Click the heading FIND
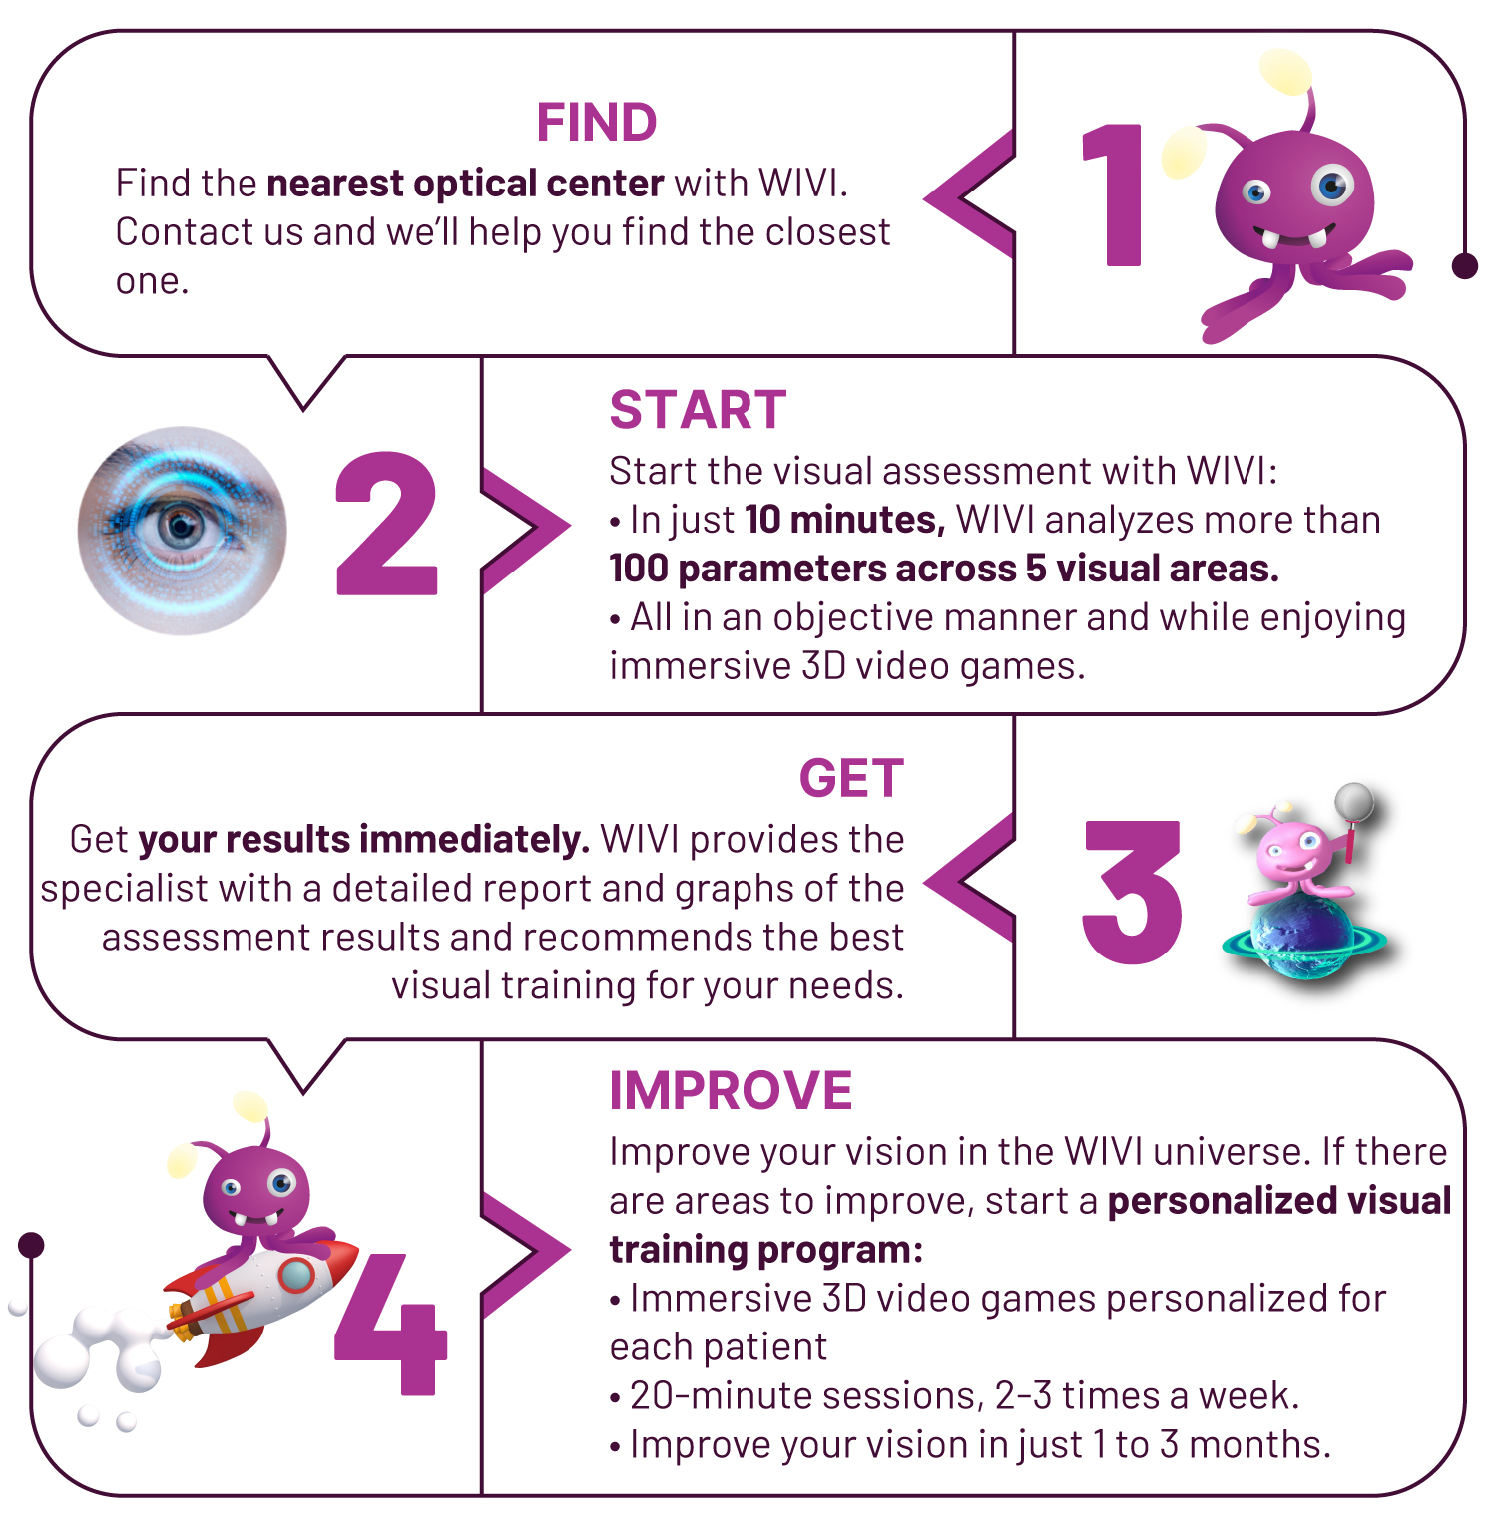pyautogui.click(x=597, y=123)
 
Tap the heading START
pyautogui.click(x=698, y=410)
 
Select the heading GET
pyautogui.click(x=851, y=778)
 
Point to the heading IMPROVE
pyautogui.click(x=731, y=1090)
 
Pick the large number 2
pyautogui.click(x=387, y=525)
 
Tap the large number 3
pyautogui.click(x=1132, y=892)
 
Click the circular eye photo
pyautogui.click(x=183, y=531)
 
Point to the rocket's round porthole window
pyautogui.click(x=295, y=1274)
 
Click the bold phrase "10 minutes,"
pyautogui.click(x=844, y=520)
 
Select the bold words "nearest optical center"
pyautogui.click(x=465, y=184)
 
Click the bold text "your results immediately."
pyautogui.click(x=364, y=840)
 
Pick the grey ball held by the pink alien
pyautogui.click(x=1355, y=801)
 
